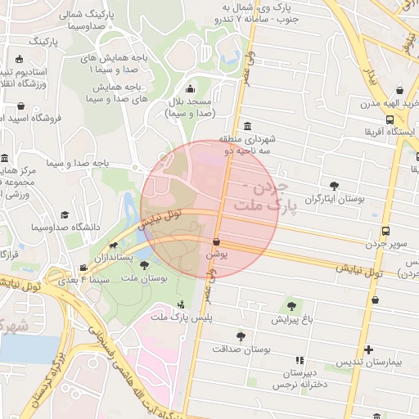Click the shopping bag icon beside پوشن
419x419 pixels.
point(216,242)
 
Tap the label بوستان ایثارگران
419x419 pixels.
point(333,199)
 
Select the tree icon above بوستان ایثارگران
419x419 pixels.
point(334,186)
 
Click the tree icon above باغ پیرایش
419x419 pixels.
point(291,306)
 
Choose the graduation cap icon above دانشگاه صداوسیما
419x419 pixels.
point(65,214)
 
